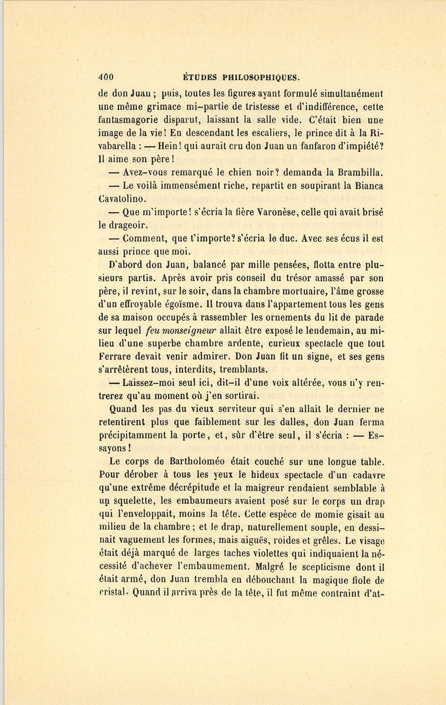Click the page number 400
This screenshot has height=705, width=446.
[106, 77]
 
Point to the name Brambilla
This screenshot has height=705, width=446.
[360, 173]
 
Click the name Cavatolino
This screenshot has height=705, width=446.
[122, 199]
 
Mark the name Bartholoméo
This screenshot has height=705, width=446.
[198, 462]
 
